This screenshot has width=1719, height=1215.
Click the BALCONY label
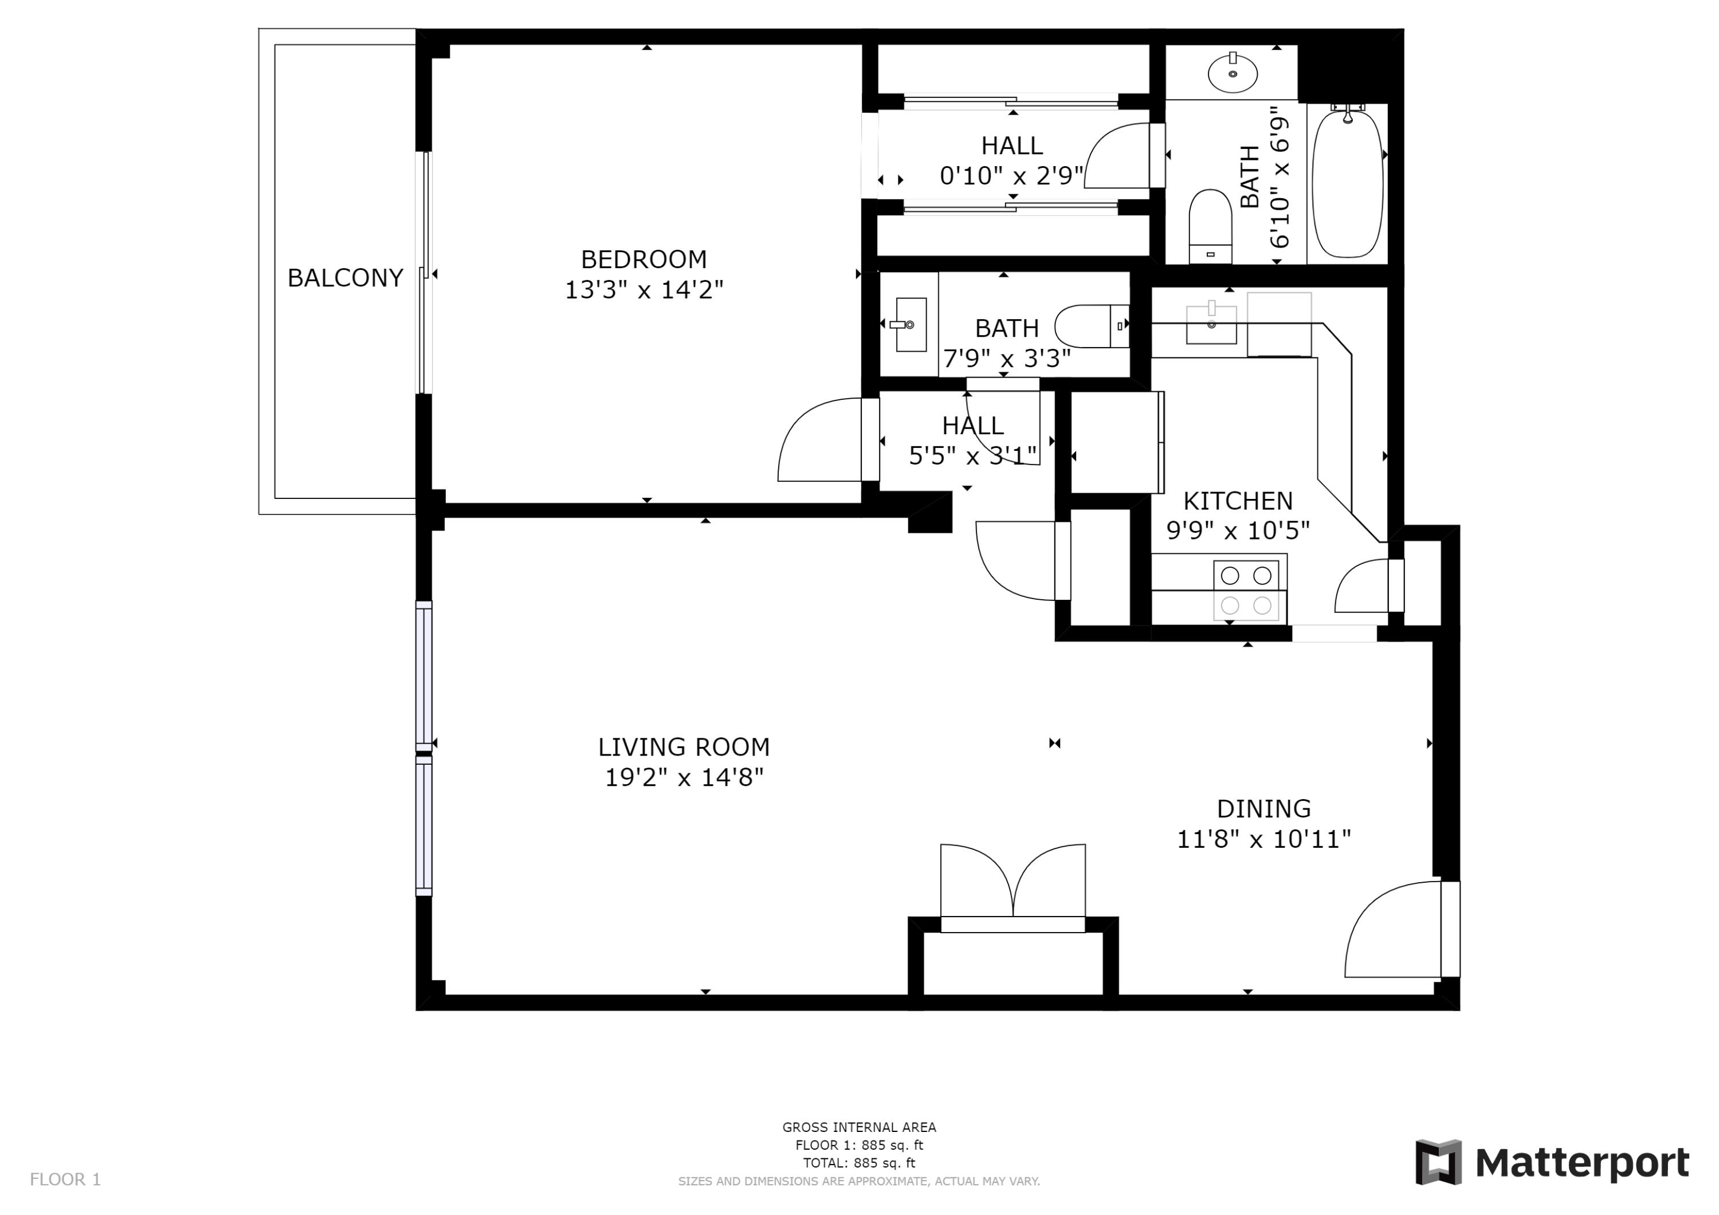pos(345,278)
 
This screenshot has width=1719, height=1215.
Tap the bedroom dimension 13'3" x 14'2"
pos(644,290)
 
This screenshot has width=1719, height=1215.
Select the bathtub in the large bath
pos(1347,183)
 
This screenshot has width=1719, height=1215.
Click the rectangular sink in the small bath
pos(910,325)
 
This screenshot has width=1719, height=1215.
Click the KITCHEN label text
pos(1238,500)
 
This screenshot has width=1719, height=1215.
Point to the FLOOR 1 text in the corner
pos(65,1179)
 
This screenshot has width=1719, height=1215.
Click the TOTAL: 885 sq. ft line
pos(859,1163)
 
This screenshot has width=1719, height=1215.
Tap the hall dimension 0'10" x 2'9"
pos(1011,176)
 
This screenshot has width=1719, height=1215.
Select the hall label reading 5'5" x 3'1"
pos(972,455)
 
